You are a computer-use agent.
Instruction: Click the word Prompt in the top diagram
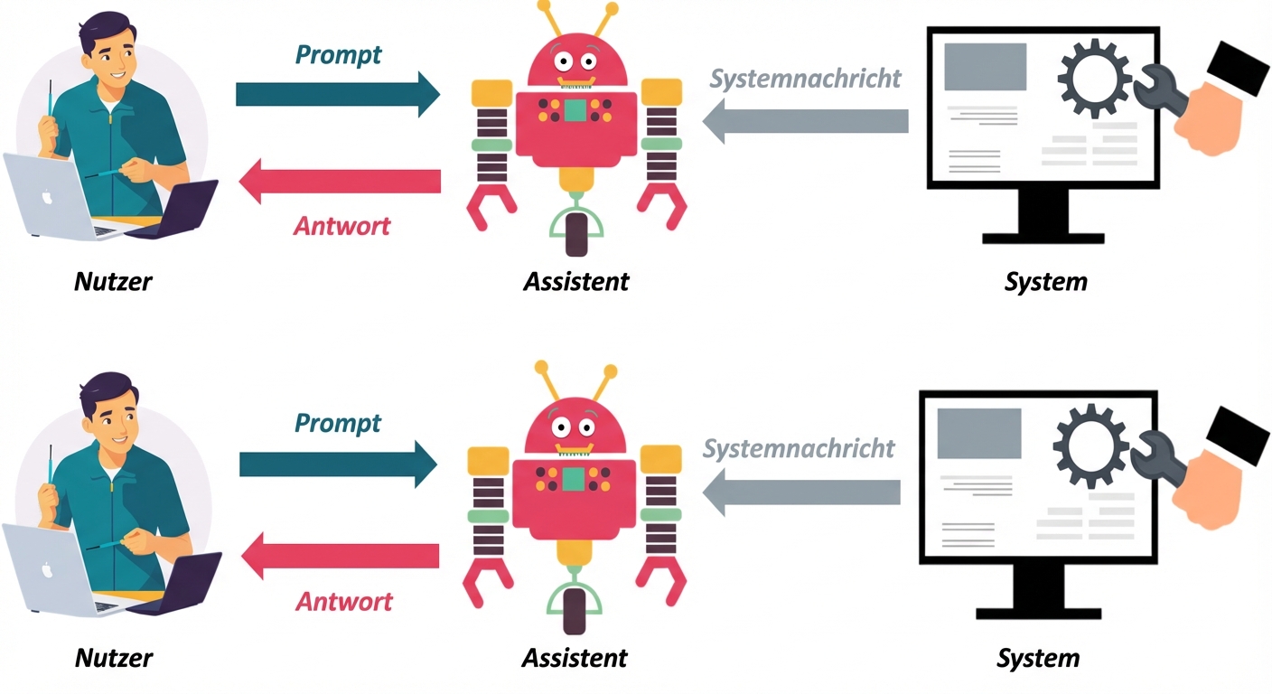338,55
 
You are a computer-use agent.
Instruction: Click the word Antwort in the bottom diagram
345,601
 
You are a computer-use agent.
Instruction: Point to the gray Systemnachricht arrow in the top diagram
805,121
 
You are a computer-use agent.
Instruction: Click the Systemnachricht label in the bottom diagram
799,448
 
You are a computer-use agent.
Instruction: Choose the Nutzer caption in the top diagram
113,281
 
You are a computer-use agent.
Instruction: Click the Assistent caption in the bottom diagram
575,657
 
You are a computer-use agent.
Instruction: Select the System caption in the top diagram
1045,281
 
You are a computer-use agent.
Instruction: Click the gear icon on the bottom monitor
1090,445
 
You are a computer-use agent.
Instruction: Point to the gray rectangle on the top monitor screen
985,67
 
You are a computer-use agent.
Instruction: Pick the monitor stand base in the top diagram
1043,239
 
